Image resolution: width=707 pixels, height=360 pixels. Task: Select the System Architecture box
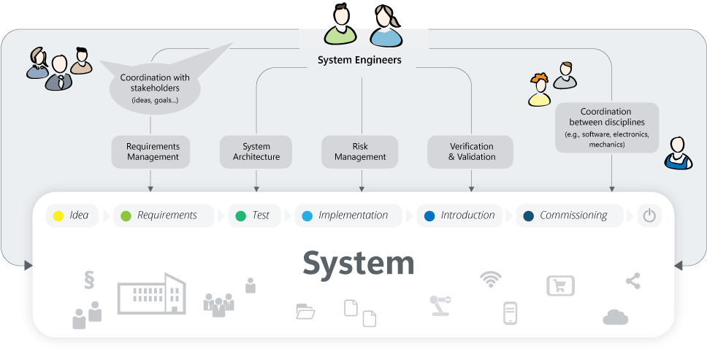(x=256, y=152)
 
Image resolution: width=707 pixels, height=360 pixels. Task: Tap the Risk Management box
(x=360, y=152)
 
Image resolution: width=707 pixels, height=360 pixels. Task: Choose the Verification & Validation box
(x=471, y=152)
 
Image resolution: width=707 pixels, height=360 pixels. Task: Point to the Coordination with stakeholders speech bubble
(x=155, y=88)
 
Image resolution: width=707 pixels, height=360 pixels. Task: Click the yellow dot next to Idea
(x=58, y=215)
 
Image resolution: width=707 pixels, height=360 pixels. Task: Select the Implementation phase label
(x=353, y=215)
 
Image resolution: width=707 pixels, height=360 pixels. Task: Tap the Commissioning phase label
(x=573, y=215)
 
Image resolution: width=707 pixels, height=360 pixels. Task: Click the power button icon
(x=649, y=215)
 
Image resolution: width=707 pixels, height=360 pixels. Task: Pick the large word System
(x=359, y=263)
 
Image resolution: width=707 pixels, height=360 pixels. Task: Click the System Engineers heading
(x=359, y=60)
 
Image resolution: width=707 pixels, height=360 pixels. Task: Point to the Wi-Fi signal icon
(x=490, y=279)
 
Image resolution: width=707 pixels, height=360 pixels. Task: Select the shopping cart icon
(x=560, y=286)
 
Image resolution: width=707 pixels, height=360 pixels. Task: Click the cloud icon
(x=616, y=317)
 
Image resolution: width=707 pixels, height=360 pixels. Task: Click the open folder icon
(x=305, y=312)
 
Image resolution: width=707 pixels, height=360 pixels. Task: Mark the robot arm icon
(x=441, y=305)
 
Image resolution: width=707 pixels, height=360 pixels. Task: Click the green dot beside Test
(x=241, y=215)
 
